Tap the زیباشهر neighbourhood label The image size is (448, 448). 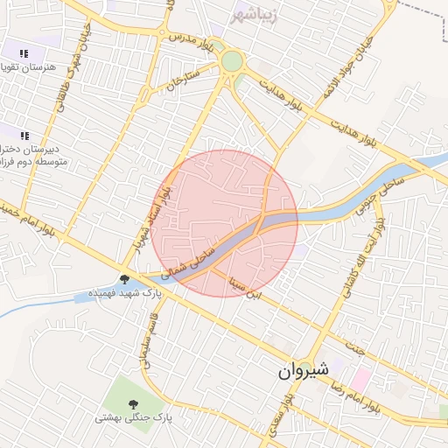coord(255,15)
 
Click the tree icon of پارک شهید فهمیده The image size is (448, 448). coord(125,280)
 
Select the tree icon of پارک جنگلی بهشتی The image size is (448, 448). coord(134,404)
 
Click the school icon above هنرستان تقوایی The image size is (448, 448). coord(24,53)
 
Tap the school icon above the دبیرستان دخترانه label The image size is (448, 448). coord(24,136)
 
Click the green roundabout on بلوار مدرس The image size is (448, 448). coord(232,61)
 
